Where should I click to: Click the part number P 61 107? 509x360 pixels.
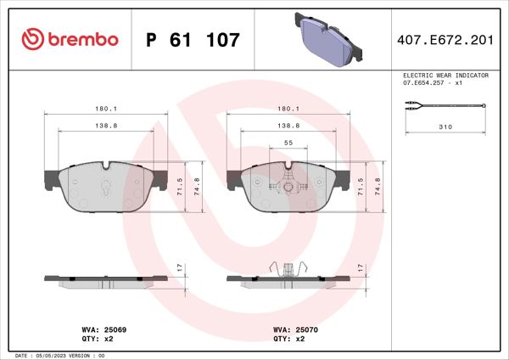193,40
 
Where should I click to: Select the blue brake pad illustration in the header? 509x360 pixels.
330,38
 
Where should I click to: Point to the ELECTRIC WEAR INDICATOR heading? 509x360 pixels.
445,76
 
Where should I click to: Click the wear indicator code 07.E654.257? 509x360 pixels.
433,83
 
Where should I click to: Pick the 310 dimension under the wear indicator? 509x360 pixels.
445,126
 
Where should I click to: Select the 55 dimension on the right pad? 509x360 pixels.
288,144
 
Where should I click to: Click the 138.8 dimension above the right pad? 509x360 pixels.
288,125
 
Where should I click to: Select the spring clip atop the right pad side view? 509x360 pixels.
289,268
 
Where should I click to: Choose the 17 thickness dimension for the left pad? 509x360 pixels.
179,267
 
